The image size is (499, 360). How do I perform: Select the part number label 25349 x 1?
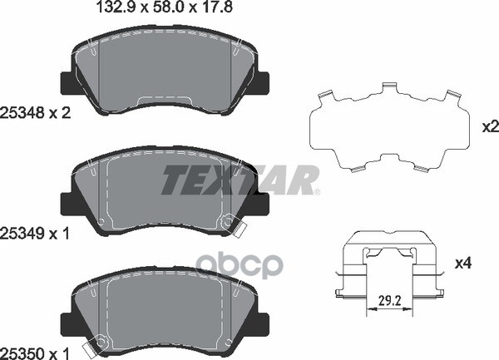coord(37,235)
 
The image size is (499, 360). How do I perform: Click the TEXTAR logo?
coord(240,180)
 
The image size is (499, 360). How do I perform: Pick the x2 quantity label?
coord(490,127)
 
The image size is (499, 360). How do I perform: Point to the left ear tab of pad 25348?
coord(67,84)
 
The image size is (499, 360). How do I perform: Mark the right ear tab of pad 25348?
coord(262,83)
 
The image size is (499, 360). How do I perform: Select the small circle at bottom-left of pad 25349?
coord(101,222)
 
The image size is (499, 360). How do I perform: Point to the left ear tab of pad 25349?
coord(67,203)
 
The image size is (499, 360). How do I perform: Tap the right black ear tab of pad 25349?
coord(262,202)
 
